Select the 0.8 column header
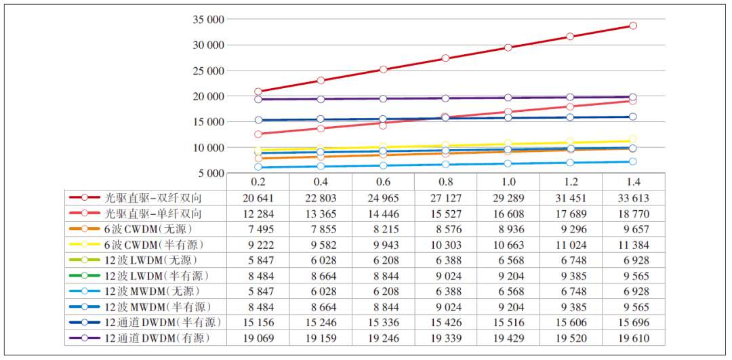pos(446,182)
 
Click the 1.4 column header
pos(633,182)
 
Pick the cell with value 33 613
pos(633,198)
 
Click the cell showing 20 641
pos(258,198)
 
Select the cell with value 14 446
pos(383,214)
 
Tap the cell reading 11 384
pos(633,245)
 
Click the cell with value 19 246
pos(383,338)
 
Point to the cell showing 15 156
pos(258,323)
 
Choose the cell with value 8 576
pos(446,229)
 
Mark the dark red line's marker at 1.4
pos(633,26)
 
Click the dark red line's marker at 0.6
pos(383,69)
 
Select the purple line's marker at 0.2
pos(258,99)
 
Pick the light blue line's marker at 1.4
pos(633,161)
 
